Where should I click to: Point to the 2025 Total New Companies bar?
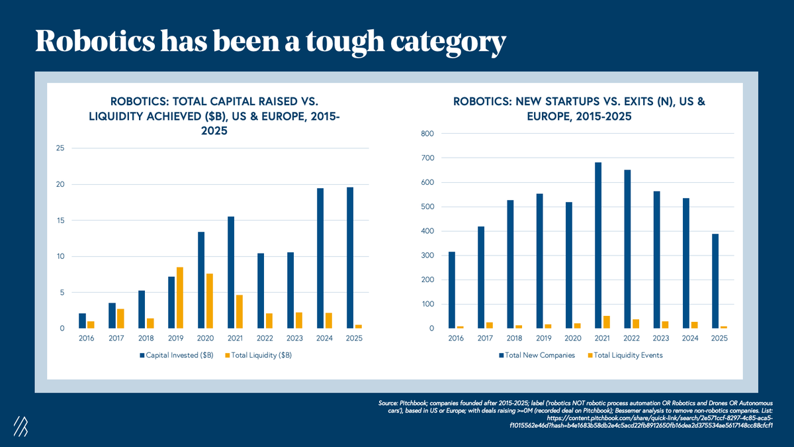[x=715, y=281]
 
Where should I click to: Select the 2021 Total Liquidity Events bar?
[x=606, y=322]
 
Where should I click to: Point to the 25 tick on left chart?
[x=60, y=148]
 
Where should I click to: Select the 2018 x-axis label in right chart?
[x=514, y=338]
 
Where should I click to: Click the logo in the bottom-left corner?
[x=21, y=427]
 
